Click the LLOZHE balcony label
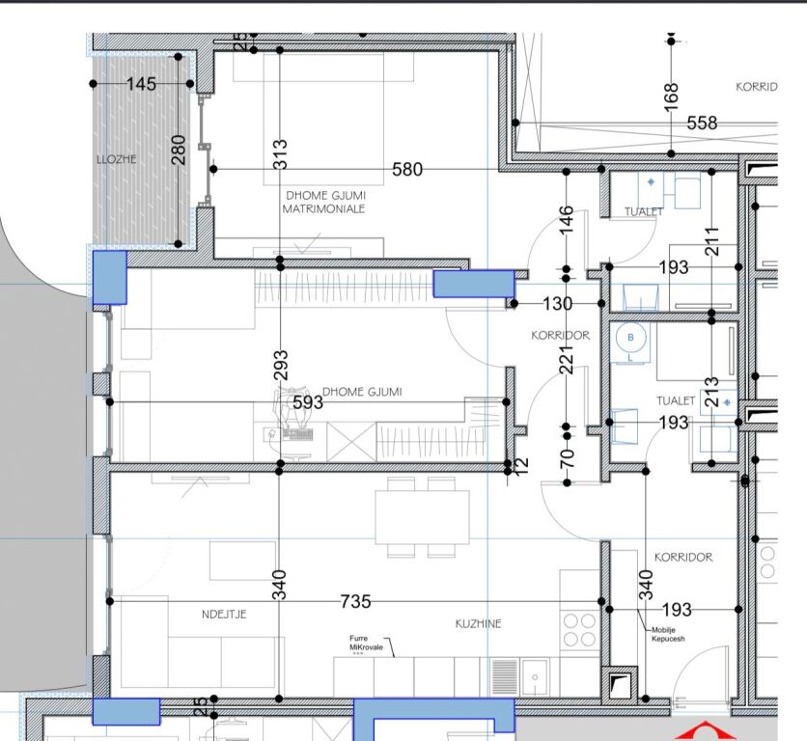click(x=117, y=160)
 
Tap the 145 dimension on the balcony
click(x=141, y=85)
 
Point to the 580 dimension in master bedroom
click(x=407, y=170)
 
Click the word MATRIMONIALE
click(x=323, y=208)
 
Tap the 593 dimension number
click(x=308, y=401)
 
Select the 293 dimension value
click(x=281, y=364)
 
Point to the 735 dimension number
click(x=356, y=602)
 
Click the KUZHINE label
click(x=479, y=624)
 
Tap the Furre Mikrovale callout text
click(x=367, y=643)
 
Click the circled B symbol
click(x=632, y=338)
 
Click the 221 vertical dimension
click(x=568, y=361)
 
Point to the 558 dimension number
click(x=702, y=123)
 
